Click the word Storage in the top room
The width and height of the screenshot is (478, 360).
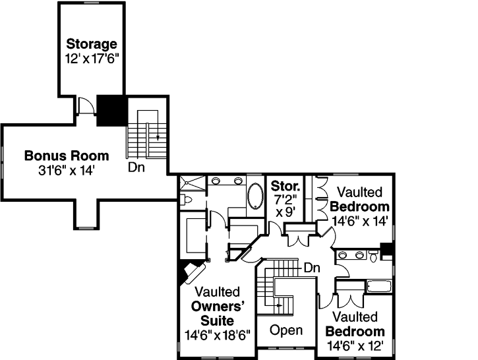92,44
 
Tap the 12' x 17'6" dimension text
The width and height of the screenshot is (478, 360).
92,57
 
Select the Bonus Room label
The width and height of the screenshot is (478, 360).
66,156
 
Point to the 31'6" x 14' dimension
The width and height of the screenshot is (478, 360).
67,170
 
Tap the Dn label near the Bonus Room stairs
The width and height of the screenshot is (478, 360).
136,167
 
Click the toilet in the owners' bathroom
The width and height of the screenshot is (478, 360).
186,198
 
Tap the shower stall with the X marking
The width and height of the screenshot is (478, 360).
192,183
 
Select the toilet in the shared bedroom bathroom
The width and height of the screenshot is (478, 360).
374,255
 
